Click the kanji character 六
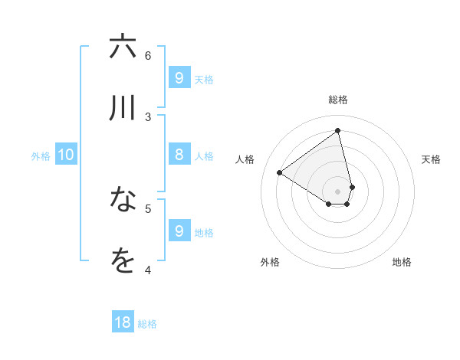pyautogui.click(x=123, y=47)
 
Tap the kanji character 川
pyautogui.click(x=123, y=108)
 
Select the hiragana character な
pyautogui.click(x=123, y=200)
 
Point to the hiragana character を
pyautogui.click(x=123, y=261)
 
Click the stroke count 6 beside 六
pyautogui.click(x=148, y=55)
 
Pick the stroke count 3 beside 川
pyautogui.click(x=148, y=116)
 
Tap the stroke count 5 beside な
pyautogui.click(x=148, y=208)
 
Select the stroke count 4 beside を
pyautogui.click(x=148, y=269)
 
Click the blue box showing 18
pyautogui.click(x=123, y=322)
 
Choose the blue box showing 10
pyautogui.click(x=66, y=155)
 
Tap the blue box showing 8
pyautogui.click(x=179, y=155)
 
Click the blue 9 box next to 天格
pyautogui.click(x=179, y=77)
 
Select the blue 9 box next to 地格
pyautogui.click(x=179, y=231)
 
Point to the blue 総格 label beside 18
pyautogui.click(x=147, y=324)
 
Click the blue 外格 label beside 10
pyautogui.click(x=41, y=156)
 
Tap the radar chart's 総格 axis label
pyautogui.click(x=338, y=100)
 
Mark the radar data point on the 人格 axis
pyautogui.click(x=280, y=172)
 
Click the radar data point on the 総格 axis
pyautogui.click(x=338, y=131)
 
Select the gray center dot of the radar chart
pyautogui.click(x=338, y=191)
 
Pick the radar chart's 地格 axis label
pyautogui.click(x=402, y=262)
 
